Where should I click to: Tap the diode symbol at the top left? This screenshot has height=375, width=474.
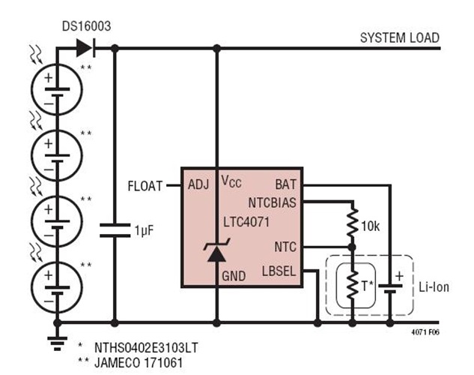tap(85, 49)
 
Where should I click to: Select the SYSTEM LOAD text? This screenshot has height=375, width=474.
tap(399, 37)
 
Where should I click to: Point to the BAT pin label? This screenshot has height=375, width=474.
tap(285, 184)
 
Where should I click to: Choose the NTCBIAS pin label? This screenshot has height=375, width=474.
tap(273, 201)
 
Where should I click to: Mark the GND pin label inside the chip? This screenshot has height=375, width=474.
tap(234, 276)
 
